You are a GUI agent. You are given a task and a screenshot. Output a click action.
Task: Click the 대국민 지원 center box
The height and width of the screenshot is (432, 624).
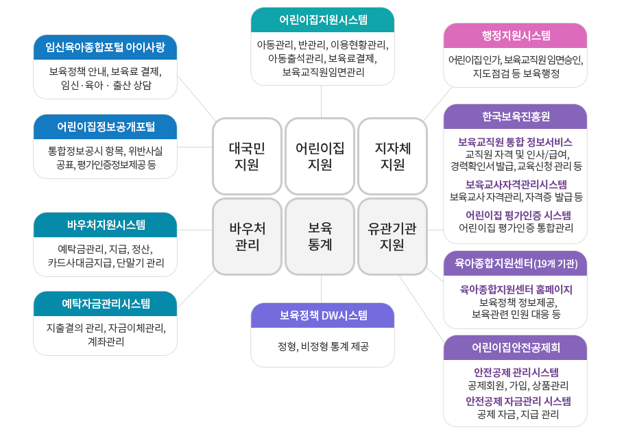(247, 156)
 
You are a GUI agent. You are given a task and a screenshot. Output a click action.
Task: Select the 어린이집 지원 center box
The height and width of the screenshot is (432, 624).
(320, 156)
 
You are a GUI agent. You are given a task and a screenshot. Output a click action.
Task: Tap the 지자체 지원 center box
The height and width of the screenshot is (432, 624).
(393, 156)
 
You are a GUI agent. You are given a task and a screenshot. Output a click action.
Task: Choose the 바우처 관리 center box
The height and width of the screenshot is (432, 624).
(247, 236)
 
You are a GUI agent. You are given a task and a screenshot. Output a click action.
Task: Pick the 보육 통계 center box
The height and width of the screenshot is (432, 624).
(320, 236)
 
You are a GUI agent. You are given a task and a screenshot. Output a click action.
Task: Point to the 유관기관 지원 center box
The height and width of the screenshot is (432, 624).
(393, 236)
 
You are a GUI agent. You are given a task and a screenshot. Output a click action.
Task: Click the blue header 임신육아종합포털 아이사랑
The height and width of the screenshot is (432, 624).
(105, 47)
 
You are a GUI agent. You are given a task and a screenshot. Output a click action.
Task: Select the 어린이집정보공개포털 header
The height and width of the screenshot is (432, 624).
(105, 127)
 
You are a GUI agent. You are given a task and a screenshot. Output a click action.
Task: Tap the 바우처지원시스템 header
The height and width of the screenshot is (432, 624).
(105, 225)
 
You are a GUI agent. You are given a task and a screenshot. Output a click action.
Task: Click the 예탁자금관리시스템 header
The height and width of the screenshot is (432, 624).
(105, 304)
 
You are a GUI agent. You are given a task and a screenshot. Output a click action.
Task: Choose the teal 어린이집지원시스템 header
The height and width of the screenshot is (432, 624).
(322, 20)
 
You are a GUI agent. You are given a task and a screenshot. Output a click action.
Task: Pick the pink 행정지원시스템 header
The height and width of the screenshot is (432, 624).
(515, 36)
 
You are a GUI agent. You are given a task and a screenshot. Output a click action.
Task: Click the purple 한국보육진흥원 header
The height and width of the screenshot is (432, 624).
(515, 117)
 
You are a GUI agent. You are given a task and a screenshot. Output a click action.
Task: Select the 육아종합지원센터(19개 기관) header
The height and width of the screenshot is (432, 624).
(515, 263)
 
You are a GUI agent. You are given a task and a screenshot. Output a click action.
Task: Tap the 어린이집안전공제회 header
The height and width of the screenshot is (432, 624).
(515, 348)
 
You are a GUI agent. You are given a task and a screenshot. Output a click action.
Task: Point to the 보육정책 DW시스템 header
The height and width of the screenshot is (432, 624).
(322, 315)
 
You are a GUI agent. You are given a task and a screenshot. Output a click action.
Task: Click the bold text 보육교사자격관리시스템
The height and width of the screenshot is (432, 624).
(516, 184)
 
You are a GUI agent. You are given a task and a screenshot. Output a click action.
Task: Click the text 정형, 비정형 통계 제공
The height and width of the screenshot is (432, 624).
(322, 346)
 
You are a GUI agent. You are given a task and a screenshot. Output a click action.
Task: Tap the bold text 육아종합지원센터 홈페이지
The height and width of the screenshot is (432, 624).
(516, 289)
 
